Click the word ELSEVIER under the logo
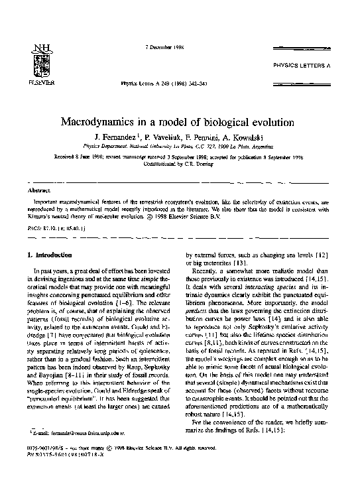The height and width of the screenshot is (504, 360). tap(32, 86)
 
